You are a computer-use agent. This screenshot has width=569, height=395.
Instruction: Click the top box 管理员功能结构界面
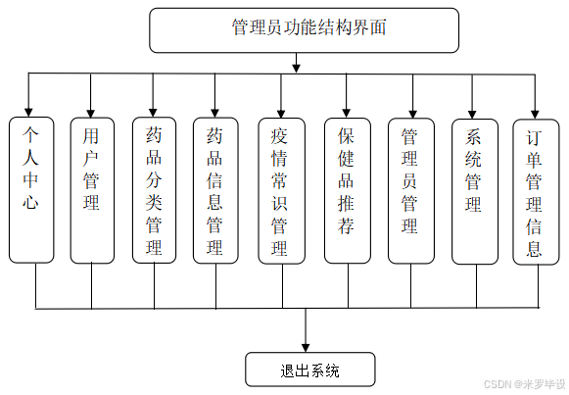pyautogui.click(x=304, y=29)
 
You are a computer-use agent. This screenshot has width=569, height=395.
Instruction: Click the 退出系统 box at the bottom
pyautogui.click(x=309, y=370)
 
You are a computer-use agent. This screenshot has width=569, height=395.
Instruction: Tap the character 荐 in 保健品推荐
pyautogui.click(x=347, y=228)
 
